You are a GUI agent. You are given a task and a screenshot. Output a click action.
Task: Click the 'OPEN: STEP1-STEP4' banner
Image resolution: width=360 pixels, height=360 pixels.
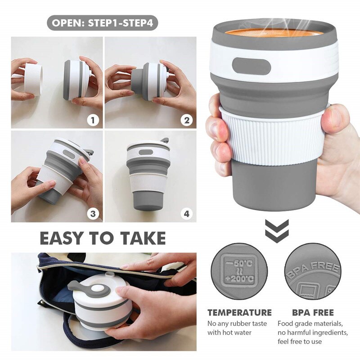click(x=103, y=22)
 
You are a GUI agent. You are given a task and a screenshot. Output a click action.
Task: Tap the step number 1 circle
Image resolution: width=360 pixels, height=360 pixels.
click(x=93, y=120)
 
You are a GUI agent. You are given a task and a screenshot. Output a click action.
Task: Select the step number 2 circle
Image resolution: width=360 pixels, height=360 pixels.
click(x=186, y=120)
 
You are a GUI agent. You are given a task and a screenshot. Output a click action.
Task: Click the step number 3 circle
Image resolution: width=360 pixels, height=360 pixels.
click(x=93, y=214)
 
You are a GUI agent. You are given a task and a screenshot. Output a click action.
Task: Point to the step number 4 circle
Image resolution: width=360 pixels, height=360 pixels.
click(x=186, y=214)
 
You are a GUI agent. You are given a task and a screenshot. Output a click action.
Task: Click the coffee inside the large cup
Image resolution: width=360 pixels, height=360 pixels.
click(x=274, y=32)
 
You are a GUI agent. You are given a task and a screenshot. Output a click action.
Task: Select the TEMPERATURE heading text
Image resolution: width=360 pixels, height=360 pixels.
click(x=239, y=312)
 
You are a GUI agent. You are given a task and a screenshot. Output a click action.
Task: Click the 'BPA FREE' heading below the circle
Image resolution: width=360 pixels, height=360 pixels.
click(x=312, y=312)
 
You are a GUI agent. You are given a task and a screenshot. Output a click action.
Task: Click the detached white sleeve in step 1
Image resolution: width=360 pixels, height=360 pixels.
click(x=33, y=79)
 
